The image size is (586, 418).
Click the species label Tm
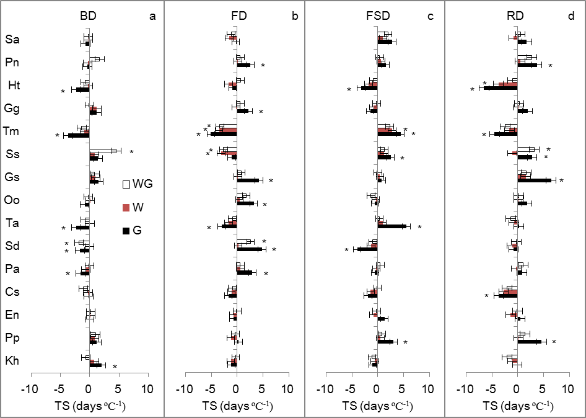(x=12, y=131)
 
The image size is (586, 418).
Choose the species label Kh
(x=12, y=361)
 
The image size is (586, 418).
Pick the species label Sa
(x=12, y=40)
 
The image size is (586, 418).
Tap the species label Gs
(x=12, y=177)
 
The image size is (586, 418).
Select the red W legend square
(x=126, y=207)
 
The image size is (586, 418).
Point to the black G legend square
(x=126, y=231)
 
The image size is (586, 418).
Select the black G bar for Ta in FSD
(x=391, y=226)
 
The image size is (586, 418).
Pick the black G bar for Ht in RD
(x=501, y=89)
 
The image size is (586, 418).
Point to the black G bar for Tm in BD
(x=79, y=135)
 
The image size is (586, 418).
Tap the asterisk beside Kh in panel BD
(x=115, y=367)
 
